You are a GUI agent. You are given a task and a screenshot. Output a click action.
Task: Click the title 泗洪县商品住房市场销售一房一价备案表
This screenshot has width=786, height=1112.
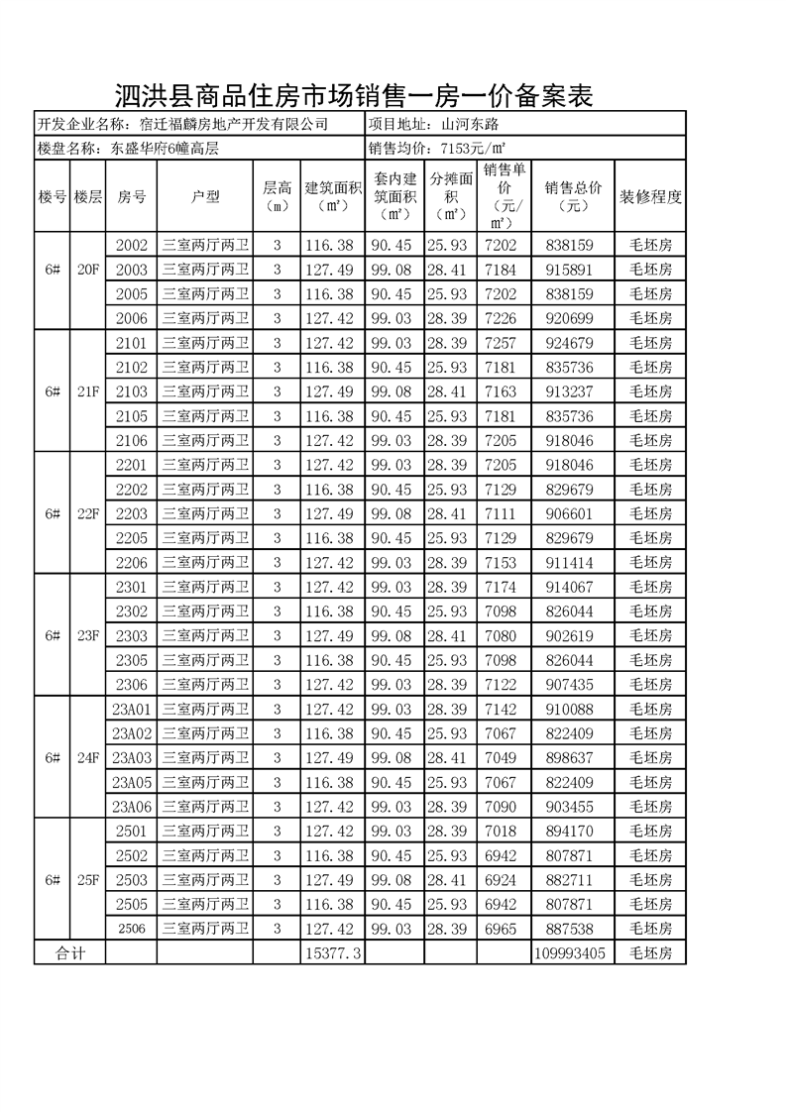(x=354, y=96)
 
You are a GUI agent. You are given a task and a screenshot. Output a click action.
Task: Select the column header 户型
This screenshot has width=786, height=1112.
(x=205, y=196)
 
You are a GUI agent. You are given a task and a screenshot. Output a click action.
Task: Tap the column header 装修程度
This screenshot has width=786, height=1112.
(x=650, y=196)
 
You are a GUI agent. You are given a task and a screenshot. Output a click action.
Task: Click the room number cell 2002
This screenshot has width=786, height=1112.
(x=131, y=245)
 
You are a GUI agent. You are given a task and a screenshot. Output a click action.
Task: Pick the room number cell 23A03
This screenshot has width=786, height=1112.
(x=131, y=757)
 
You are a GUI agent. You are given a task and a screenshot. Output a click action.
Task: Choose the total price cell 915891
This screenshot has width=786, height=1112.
(x=568, y=270)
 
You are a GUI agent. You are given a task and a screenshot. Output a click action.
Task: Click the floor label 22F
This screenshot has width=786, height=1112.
(x=88, y=513)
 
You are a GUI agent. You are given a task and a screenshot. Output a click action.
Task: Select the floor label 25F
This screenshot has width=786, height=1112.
(x=88, y=879)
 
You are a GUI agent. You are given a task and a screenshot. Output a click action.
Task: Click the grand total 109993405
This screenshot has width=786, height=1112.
(x=568, y=952)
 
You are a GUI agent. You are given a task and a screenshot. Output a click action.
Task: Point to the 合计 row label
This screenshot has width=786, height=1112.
(x=69, y=952)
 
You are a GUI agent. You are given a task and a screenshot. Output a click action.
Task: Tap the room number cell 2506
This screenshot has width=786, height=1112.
(x=131, y=929)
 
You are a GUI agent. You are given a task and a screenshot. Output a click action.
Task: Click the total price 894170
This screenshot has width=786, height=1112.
(x=568, y=831)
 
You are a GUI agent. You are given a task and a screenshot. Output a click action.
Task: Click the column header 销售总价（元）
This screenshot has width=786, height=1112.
(x=568, y=196)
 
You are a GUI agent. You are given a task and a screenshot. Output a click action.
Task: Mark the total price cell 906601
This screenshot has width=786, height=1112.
(x=568, y=513)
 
